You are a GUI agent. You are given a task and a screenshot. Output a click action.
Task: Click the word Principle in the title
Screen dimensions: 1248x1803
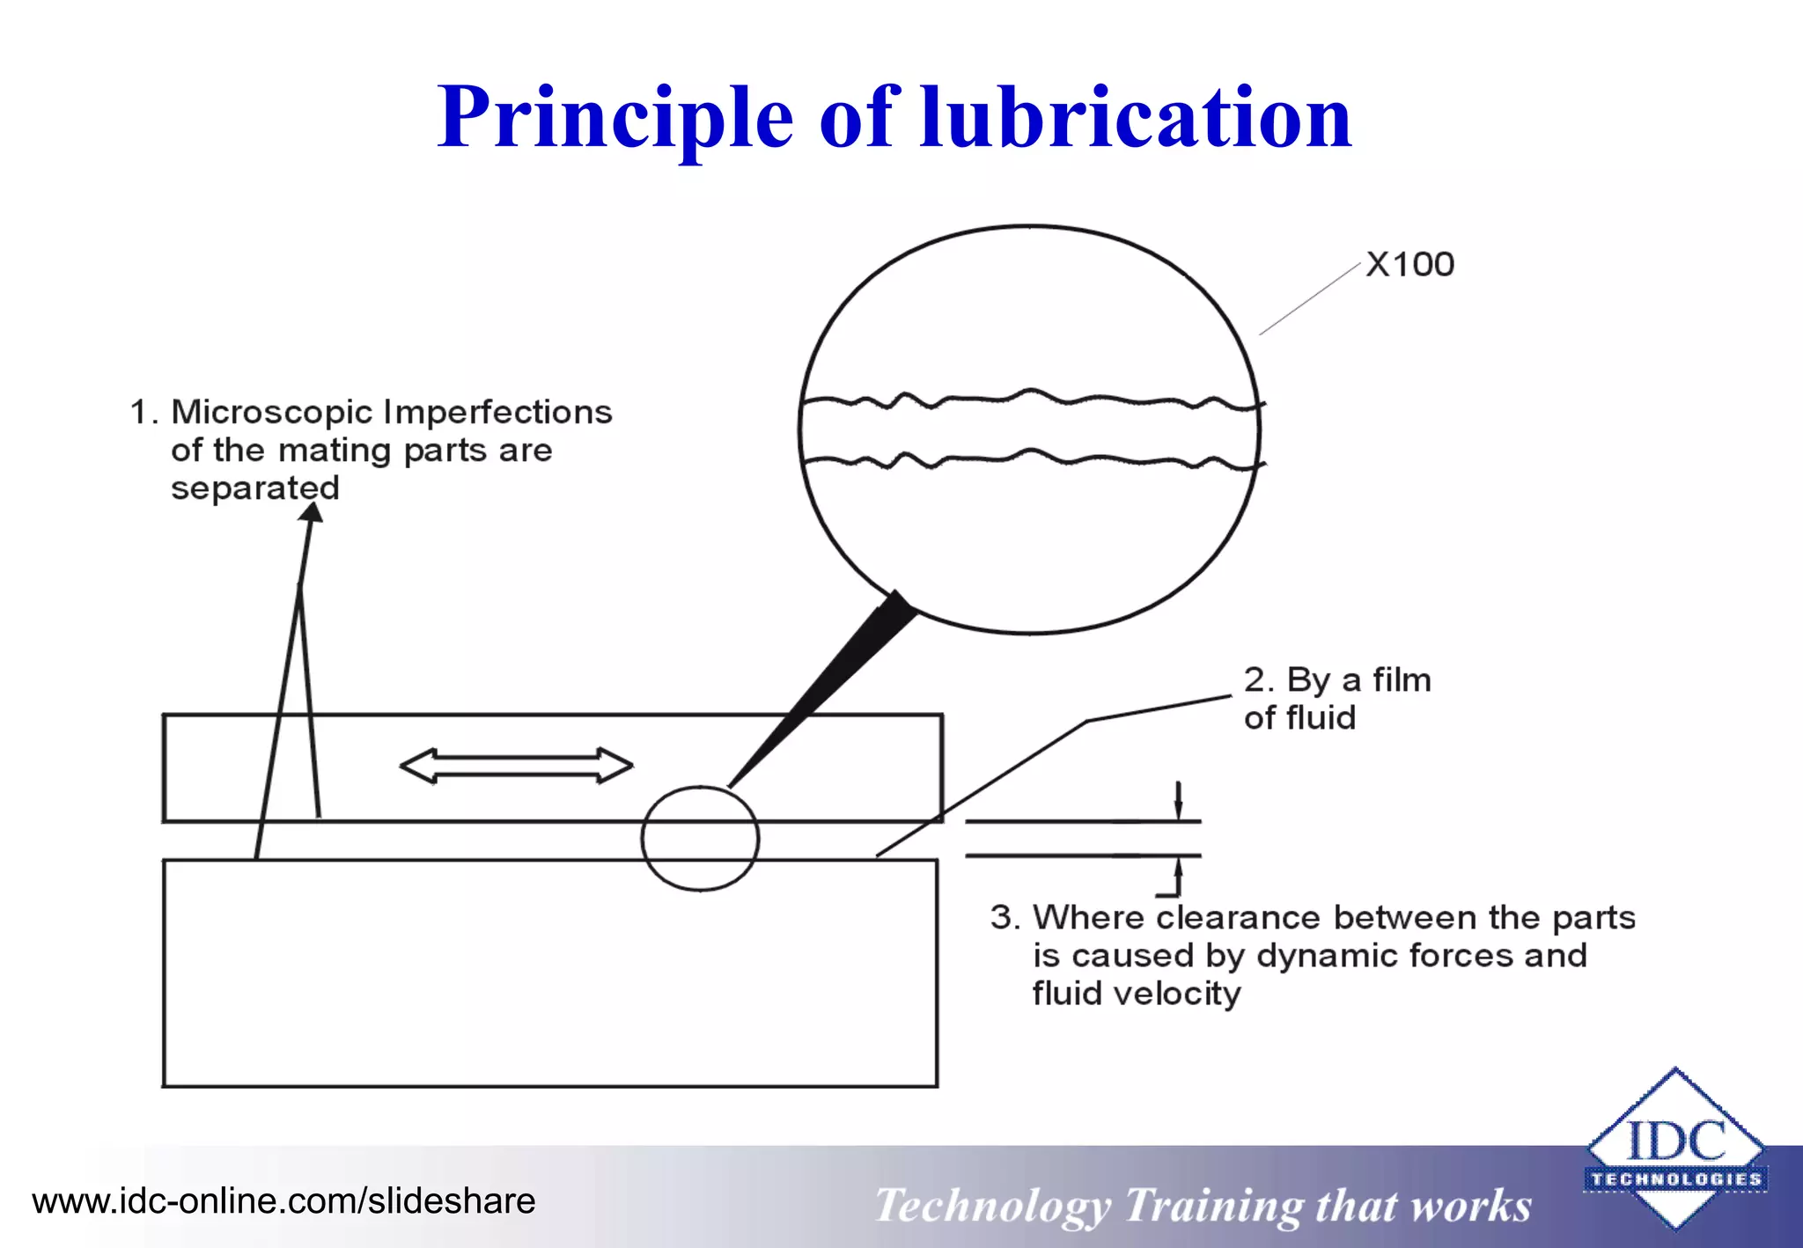tap(615, 118)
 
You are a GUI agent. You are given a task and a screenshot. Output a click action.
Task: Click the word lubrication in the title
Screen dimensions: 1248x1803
tap(1135, 118)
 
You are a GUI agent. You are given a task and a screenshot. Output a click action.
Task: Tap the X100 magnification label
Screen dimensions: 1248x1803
tap(1409, 265)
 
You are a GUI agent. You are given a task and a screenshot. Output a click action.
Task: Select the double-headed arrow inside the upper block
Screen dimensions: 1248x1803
tap(516, 765)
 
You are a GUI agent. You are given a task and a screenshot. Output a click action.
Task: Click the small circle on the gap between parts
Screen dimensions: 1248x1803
tap(700, 838)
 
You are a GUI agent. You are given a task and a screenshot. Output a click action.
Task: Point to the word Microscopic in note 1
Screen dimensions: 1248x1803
tap(272, 412)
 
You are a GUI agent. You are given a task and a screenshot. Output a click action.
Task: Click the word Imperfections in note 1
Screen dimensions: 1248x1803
tap(497, 412)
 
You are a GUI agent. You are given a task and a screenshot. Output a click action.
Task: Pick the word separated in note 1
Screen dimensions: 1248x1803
tap(254, 488)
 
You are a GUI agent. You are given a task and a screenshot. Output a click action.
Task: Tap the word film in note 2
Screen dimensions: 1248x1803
tap(1402, 680)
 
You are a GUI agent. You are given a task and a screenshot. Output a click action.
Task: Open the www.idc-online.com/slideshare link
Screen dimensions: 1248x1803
tap(283, 1201)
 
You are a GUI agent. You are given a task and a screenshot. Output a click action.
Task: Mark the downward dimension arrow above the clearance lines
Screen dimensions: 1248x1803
tap(1179, 801)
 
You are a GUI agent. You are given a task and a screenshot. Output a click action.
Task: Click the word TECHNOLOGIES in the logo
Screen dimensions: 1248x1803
tap(1675, 1179)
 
